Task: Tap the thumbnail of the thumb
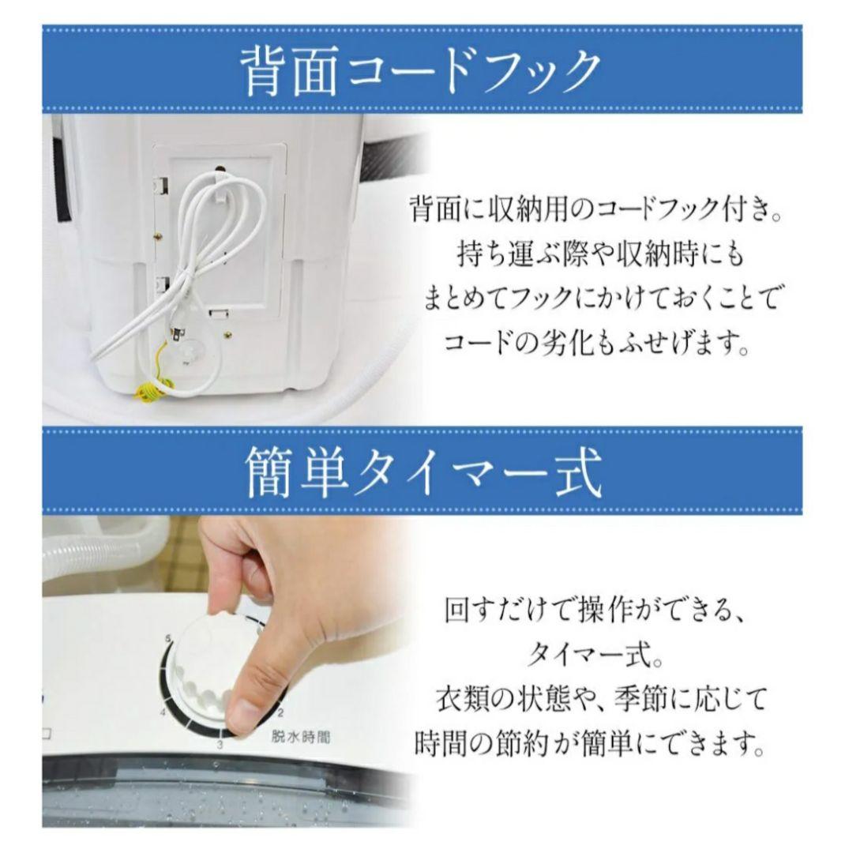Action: [244, 716]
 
